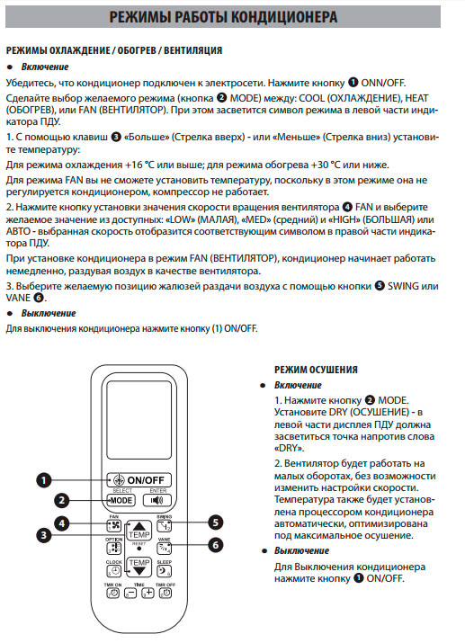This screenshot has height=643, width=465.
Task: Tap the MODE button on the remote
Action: (121, 500)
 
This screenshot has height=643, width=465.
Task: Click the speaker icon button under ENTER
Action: (157, 500)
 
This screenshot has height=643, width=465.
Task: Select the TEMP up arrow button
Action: (139, 531)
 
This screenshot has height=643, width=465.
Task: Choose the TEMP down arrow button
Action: (139, 567)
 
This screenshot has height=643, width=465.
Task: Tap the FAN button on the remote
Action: (114, 526)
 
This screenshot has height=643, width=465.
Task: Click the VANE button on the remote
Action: (164, 549)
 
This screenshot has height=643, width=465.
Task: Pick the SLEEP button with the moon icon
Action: (164, 571)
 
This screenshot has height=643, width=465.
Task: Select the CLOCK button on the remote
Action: (114, 571)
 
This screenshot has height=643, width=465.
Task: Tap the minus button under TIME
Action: (130, 593)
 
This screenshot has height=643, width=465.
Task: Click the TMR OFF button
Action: (165, 593)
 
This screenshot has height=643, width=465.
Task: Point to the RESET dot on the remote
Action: (139, 549)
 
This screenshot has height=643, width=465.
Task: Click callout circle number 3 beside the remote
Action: (44, 535)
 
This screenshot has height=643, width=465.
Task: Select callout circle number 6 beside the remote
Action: (216, 545)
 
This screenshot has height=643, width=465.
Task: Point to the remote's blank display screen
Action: (139, 420)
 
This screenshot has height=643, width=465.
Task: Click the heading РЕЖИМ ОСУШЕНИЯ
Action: (316, 370)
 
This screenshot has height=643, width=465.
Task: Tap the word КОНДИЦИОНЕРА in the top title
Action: (284, 17)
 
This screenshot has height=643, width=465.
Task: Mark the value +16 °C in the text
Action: (139, 165)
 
